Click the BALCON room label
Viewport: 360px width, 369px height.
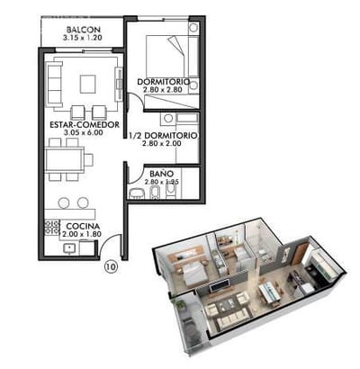[84, 30]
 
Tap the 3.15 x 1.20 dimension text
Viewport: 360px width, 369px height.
[83, 38]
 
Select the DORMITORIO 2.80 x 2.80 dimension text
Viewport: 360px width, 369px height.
[162, 89]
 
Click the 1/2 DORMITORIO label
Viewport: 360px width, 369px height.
[163, 136]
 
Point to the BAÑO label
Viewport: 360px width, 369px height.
[161, 174]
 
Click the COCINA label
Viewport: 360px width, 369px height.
[83, 226]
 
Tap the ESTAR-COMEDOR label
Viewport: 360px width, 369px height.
[85, 125]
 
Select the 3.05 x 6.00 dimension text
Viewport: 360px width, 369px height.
[83, 132]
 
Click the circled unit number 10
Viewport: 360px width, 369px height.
[111, 266]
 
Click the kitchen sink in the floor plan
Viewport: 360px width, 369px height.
[69, 248]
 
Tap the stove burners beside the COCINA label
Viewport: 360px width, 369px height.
[52, 227]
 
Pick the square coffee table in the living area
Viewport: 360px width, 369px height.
[87, 84]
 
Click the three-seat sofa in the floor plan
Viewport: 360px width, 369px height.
[55, 84]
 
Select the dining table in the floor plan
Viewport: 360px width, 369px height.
[65, 159]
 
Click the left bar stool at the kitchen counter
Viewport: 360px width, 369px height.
[64, 202]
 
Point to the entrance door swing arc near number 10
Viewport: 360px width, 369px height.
[108, 240]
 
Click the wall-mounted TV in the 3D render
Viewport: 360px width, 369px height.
[220, 285]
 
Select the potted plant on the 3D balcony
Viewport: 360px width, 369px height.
[180, 303]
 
